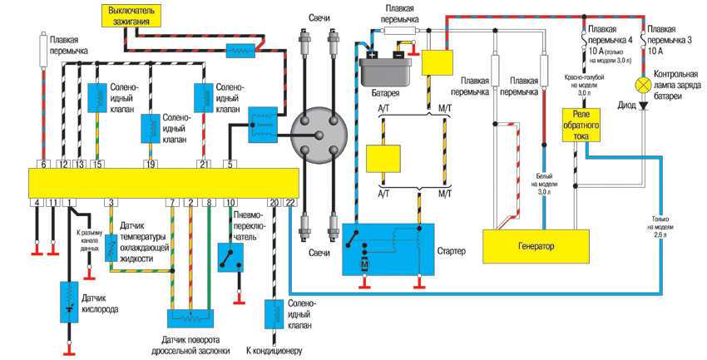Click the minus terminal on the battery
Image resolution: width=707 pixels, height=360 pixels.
click(398, 56)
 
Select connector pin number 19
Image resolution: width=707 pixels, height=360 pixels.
click(151, 165)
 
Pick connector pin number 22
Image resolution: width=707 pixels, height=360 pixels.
click(289, 202)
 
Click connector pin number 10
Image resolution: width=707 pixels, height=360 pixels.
click(231, 202)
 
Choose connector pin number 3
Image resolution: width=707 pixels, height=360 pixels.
click(109, 202)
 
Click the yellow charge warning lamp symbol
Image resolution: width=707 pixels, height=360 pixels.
click(642, 86)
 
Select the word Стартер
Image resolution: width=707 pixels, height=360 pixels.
click(450, 250)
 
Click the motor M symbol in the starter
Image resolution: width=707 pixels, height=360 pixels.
click(363, 264)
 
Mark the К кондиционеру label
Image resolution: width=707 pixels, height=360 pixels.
click(273, 349)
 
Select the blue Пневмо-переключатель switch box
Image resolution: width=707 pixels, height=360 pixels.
click(230, 259)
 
